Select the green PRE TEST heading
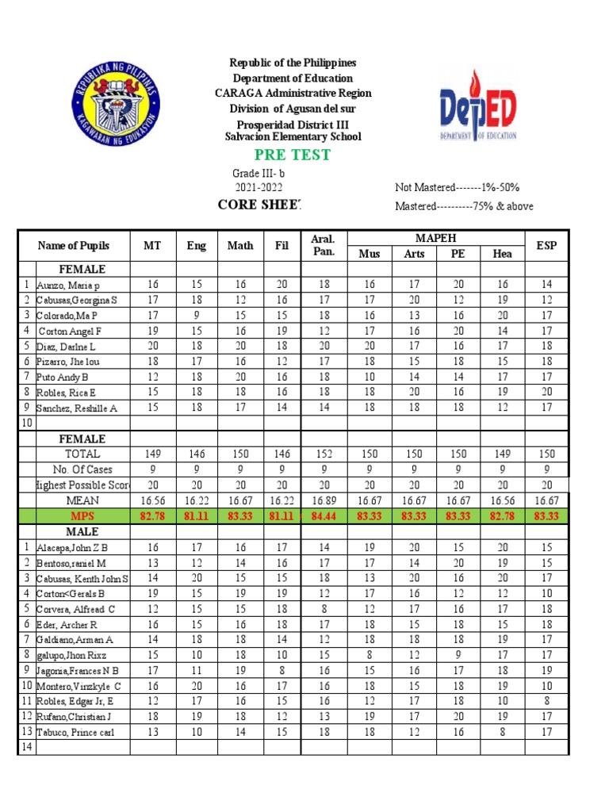[293, 155]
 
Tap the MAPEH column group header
[436, 238]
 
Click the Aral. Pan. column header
[324, 245]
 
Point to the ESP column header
[546, 245]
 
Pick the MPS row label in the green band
[82, 515]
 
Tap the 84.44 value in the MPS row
[324, 515]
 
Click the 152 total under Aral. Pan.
[324, 454]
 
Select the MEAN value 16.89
[324, 500]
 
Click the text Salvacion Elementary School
[293, 136]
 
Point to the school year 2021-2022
[258, 187]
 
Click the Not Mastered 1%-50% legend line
[457, 188]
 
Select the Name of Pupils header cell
[73, 245]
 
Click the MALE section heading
[82, 530]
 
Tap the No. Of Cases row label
[82, 469]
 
